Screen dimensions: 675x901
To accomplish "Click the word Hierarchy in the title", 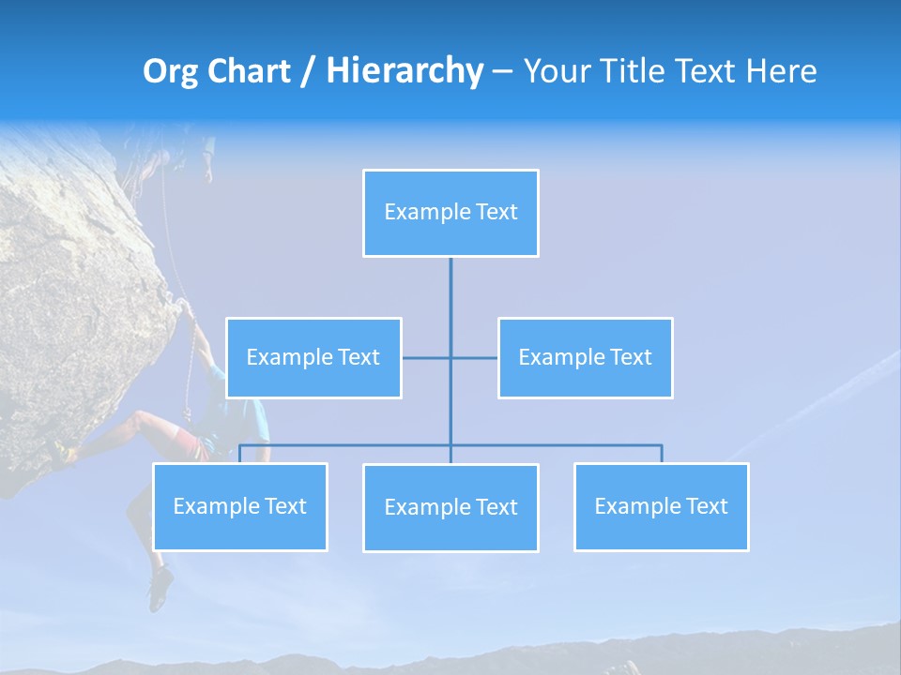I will (404, 71).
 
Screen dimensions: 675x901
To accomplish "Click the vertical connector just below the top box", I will (450, 291).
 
